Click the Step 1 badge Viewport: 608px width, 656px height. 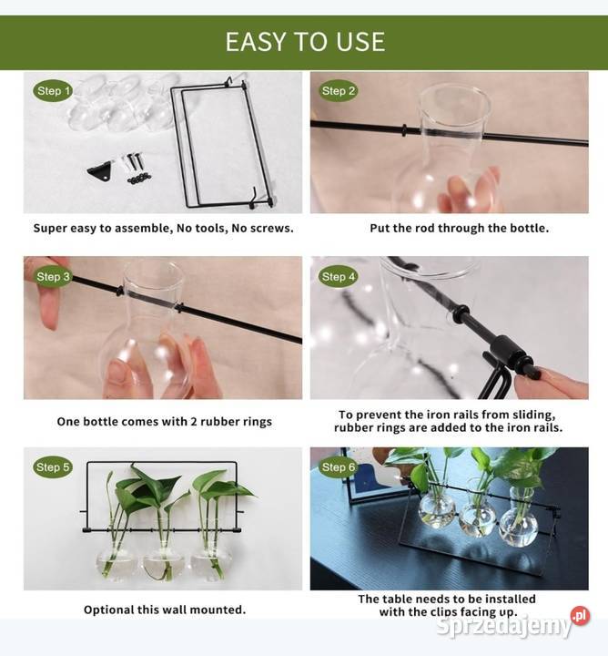[53, 91]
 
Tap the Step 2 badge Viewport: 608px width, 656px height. [338, 91]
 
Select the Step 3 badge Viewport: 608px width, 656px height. [53, 277]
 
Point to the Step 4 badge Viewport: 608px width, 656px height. [338, 277]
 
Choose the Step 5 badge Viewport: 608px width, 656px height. [53, 466]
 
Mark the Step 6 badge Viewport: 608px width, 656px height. [338, 466]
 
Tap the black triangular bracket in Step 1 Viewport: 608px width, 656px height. [100, 171]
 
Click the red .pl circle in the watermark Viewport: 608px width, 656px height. [581, 616]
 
